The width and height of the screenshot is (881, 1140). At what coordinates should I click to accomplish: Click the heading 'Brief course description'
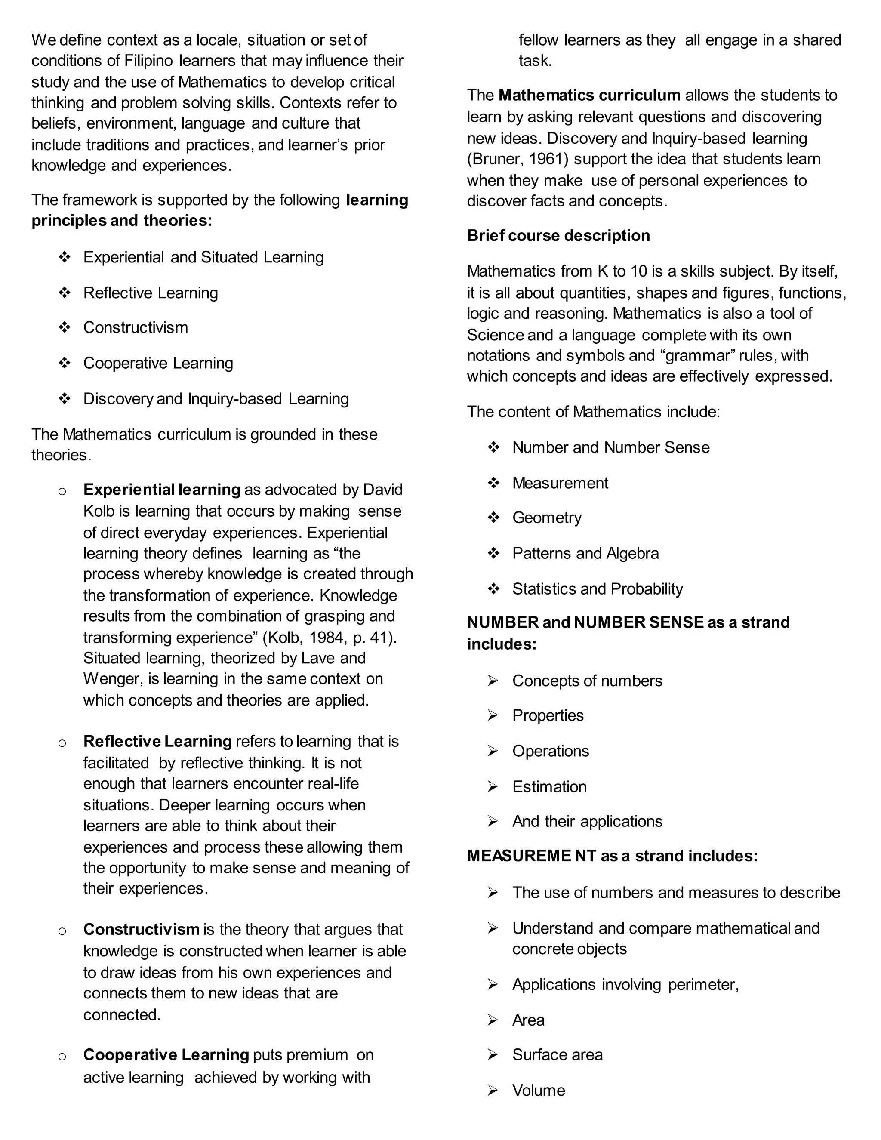point(558,235)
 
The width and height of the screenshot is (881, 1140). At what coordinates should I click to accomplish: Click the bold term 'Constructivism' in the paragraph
point(141,929)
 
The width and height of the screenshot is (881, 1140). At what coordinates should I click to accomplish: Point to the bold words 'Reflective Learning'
point(157,741)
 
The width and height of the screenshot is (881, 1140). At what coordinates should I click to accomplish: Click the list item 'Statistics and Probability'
point(597,589)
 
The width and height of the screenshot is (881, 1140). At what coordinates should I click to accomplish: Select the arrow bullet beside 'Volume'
point(493,1090)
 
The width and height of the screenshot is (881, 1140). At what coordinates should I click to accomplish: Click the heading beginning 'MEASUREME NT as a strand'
point(612,856)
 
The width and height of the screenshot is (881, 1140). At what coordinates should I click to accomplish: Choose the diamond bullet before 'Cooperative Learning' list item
point(65,363)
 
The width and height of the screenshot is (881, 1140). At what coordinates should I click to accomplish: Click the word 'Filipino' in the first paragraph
point(149,61)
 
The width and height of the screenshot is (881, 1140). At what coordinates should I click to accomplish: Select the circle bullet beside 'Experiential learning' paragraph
point(62,491)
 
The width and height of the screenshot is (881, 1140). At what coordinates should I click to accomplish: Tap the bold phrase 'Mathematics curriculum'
point(589,95)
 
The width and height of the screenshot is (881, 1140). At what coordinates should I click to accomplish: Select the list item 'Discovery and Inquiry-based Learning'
point(216,399)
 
